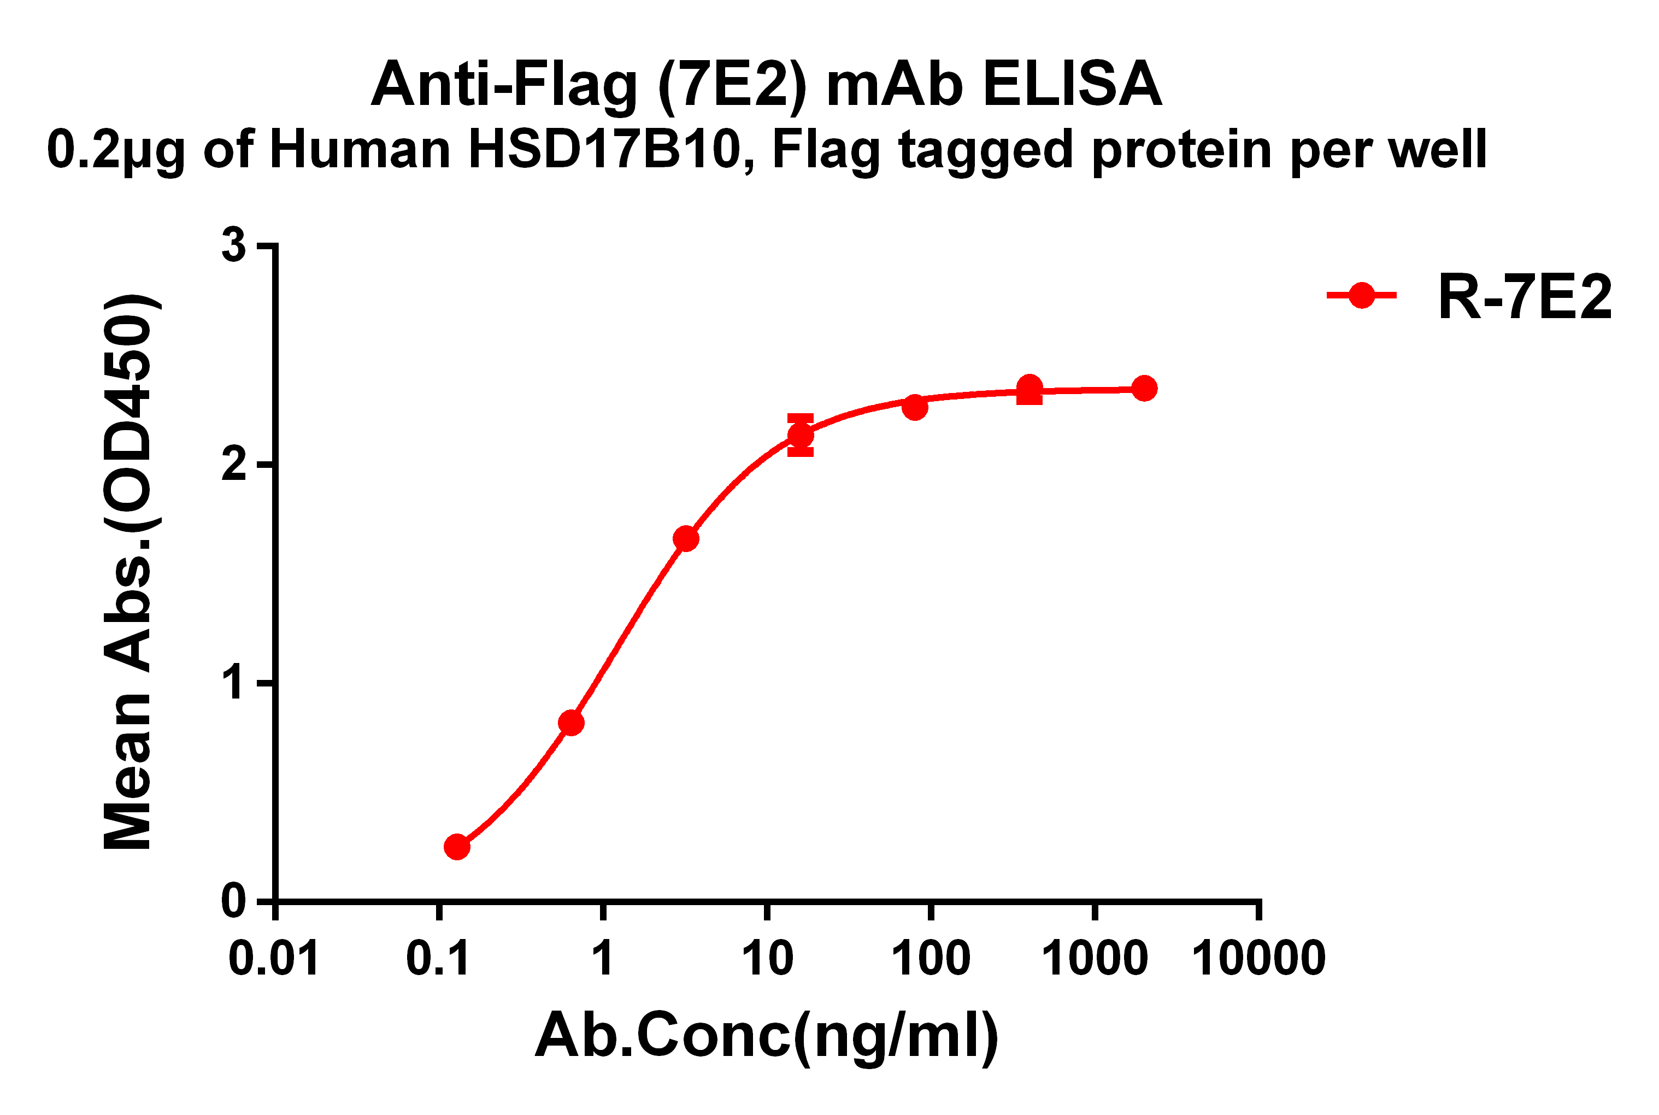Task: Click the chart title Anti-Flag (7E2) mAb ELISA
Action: pos(766,85)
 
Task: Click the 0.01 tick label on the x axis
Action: pos(274,958)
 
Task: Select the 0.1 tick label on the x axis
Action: pos(438,958)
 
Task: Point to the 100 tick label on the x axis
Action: pos(931,958)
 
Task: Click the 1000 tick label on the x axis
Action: pos(1094,958)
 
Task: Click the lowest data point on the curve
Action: pos(457,847)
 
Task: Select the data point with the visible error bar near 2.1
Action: pos(801,435)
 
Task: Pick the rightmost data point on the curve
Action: pos(1144,388)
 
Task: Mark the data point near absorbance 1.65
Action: pos(686,539)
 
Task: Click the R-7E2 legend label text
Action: pos(1524,297)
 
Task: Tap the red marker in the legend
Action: pos(1361,295)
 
